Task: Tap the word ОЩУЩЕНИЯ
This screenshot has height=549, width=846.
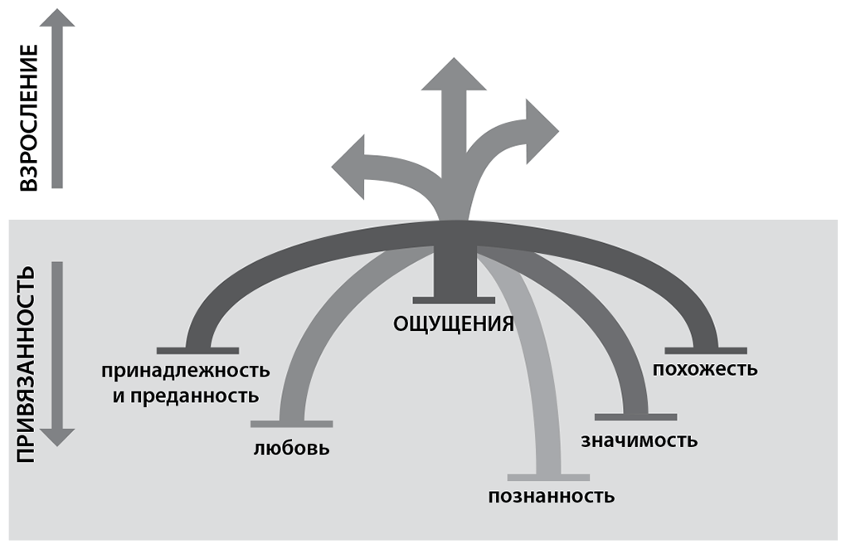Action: click(x=454, y=323)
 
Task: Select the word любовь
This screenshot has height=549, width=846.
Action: click(x=292, y=449)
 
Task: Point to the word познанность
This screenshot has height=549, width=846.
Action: click(x=552, y=496)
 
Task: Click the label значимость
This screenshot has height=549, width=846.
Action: click(x=639, y=440)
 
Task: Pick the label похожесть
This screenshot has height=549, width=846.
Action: click(x=705, y=368)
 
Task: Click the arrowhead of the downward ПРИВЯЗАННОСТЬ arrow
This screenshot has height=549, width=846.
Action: click(x=57, y=436)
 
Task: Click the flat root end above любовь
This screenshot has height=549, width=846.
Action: click(x=292, y=423)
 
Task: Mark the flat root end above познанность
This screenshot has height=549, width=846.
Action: click(x=548, y=477)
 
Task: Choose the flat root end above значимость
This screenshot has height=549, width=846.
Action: click(x=635, y=415)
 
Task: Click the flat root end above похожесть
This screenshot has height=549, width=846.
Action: click(x=705, y=350)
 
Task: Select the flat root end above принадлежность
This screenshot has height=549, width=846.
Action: click(x=197, y=350)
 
